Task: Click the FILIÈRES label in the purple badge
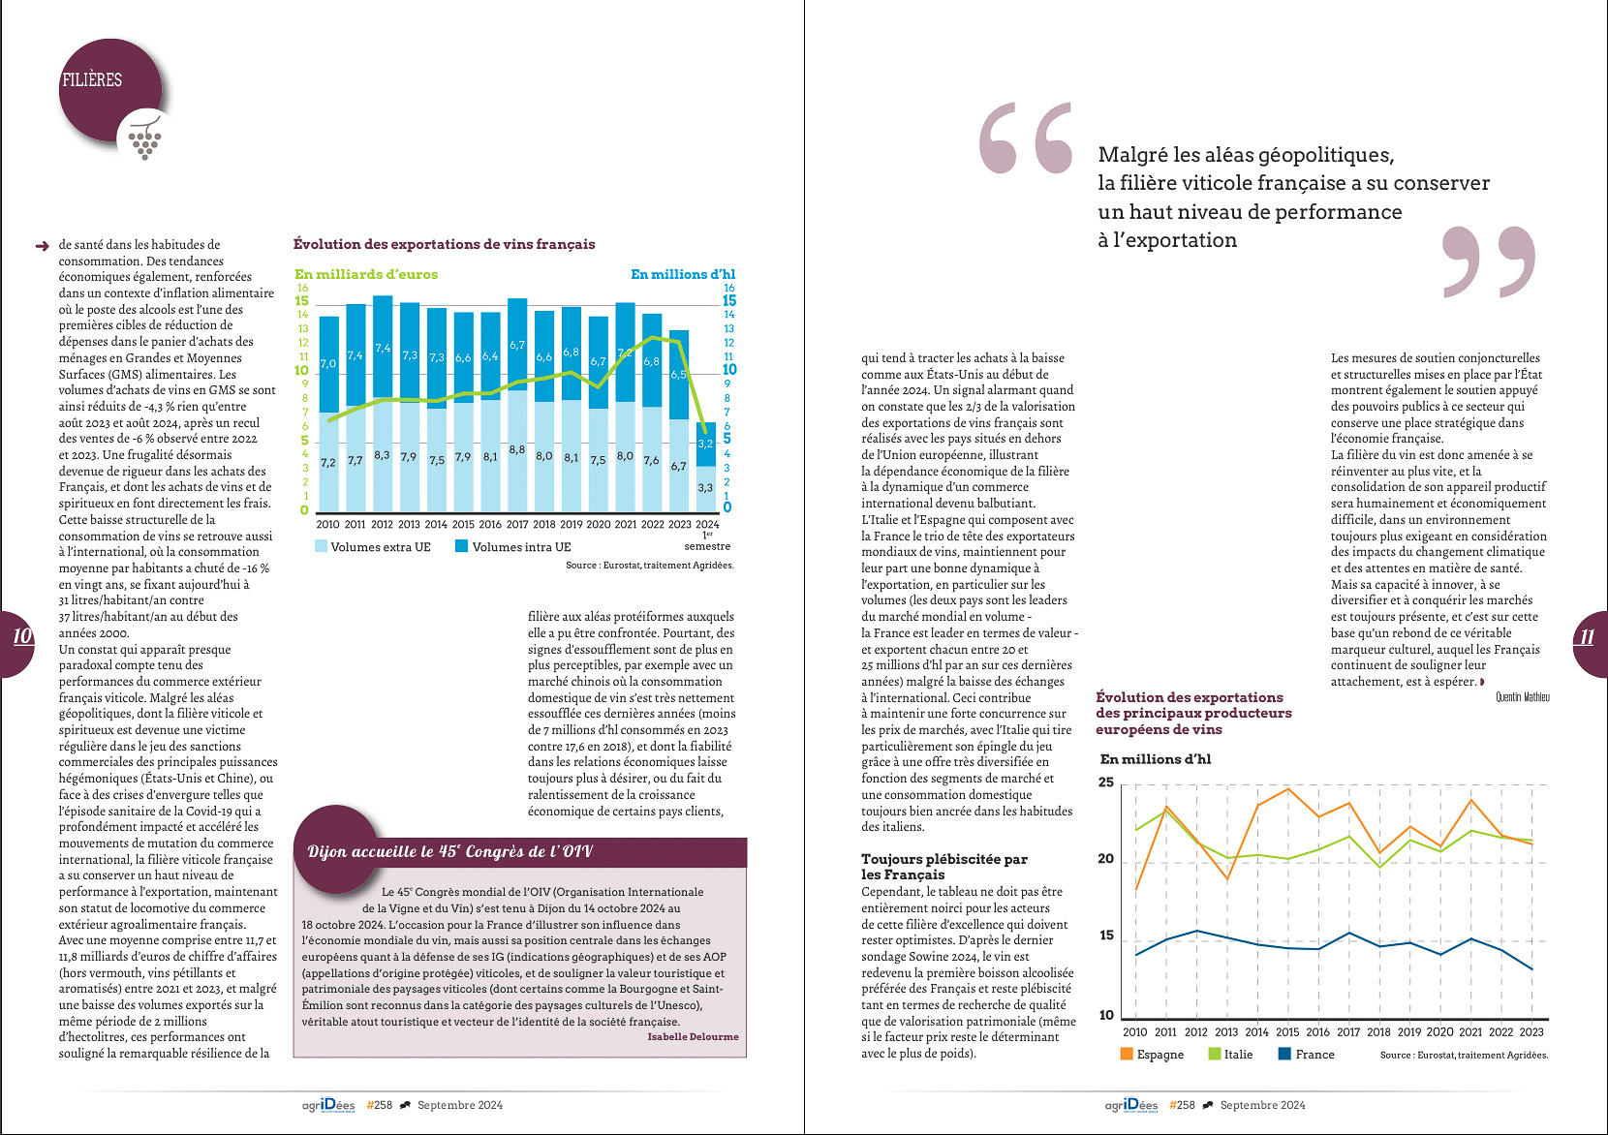coord(92,80)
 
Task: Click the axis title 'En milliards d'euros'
coord(366,274)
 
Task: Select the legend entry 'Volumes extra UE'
coord(373,547)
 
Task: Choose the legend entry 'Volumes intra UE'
coord(513,547)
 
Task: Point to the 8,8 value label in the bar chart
coord(517,449)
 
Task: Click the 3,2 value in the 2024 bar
coord(705,444)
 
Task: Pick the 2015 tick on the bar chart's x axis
coord(463,525)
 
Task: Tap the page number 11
coord(1587,637)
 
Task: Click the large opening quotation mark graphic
coord(1026,138)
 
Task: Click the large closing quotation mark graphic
coord(1489,261)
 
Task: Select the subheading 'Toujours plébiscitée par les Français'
coord(943,867)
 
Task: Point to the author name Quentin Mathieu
coord(1522,697)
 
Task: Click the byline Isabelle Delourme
coord(693,1037)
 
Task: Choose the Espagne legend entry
coord(1152,1055)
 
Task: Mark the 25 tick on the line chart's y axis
coord(1106,782)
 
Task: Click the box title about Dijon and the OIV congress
coord(449,852)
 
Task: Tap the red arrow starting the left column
coord(42,246)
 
